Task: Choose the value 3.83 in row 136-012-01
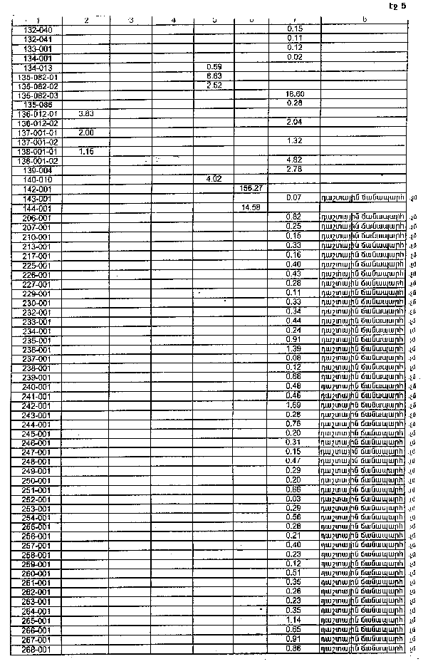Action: pos(86,113)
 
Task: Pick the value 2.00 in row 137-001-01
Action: pos(86,133)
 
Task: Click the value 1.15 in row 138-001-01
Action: pos(86,151)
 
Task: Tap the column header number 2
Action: pos(86,19)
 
